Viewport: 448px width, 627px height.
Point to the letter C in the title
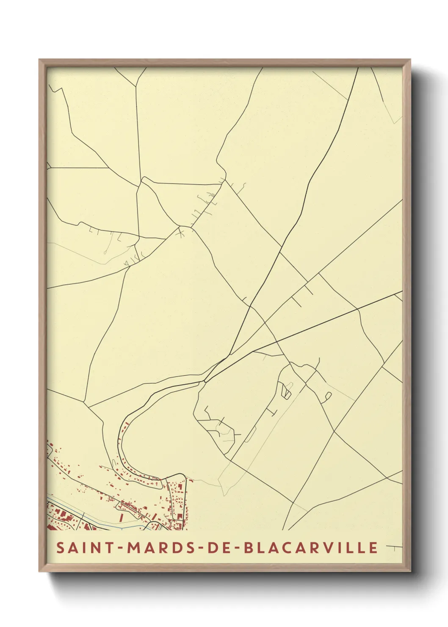pos(289,547)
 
